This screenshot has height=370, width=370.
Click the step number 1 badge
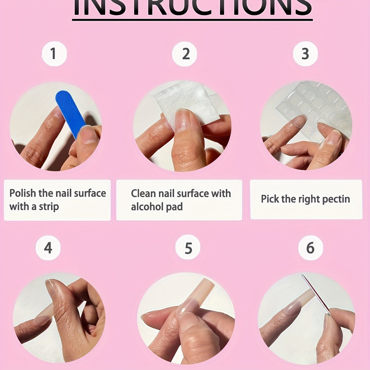tap(54, 53)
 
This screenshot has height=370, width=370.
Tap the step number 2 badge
tap(184, 54)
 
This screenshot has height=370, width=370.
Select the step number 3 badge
tap(305, 53)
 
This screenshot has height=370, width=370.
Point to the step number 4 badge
tap(48, 248)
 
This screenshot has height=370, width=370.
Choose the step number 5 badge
tap(188, 248)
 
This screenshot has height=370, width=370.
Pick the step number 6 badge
tap(310, 248)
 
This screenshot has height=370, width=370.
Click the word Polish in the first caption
tap(23, 193)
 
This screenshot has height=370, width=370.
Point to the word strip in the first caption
tap(49, 207)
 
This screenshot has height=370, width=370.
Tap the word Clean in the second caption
tap(143, 193)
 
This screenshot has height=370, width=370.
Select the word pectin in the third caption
tap(336, 199)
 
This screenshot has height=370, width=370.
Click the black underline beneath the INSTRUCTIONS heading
tap(192, 20)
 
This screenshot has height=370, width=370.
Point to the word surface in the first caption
tap(90, 193)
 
